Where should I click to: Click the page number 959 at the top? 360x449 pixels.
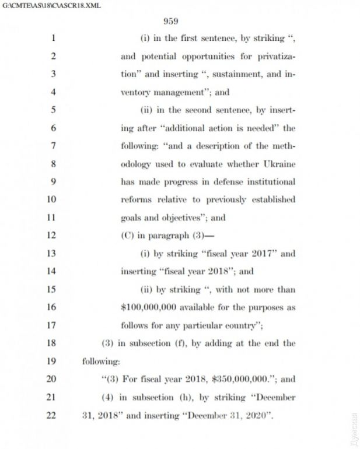[x=170, y=22]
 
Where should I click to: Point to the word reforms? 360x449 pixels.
[x=137, y=199]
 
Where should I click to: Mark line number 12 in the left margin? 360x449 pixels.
[x=53, y=236]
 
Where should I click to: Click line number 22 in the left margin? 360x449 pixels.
[x=53, y=415]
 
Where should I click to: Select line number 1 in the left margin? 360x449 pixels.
[x=53, y=38]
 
